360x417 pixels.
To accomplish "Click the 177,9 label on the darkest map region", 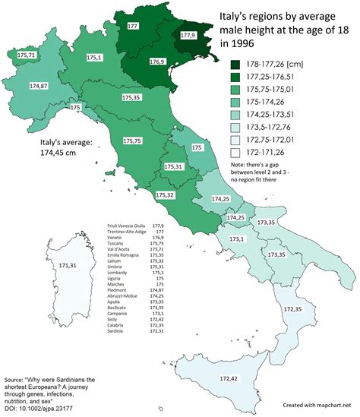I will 191,36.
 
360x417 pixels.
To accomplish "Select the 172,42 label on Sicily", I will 230,378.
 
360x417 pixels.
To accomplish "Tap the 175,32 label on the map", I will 166,195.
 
